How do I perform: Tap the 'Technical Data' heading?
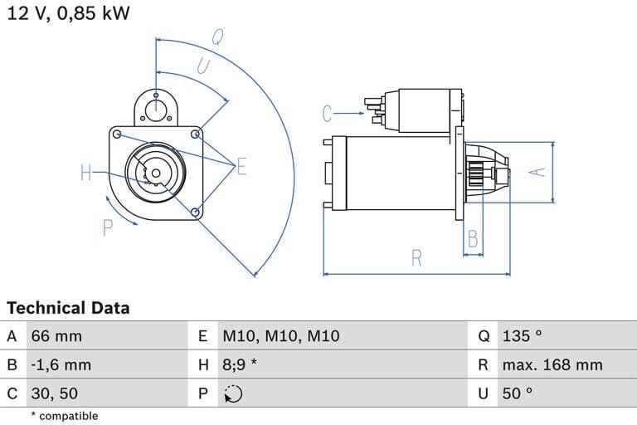pos(68,308)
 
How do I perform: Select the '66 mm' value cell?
pos(56,336)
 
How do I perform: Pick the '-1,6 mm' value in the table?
pos(61,364)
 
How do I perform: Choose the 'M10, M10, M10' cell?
pos(281,336)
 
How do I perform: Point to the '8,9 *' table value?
pos(241,364)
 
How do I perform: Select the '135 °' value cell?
pos(522,336)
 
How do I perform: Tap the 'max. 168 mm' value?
pos(552,364)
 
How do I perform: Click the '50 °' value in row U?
pos(518,393)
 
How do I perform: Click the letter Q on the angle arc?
pos(217,36)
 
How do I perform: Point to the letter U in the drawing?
pos(202,66)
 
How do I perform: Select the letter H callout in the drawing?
pos(86,173)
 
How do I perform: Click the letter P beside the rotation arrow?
pos(108,227)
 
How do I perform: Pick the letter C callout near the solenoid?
pos(328,113)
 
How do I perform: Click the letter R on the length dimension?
pos(417,258)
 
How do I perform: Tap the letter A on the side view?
pos(538,170)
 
